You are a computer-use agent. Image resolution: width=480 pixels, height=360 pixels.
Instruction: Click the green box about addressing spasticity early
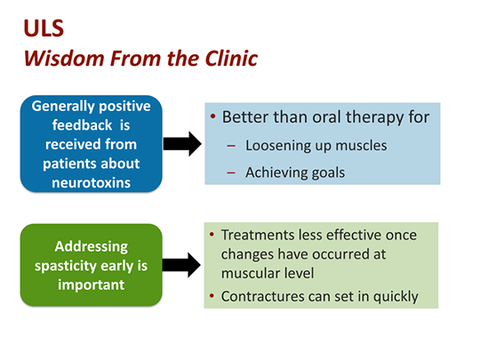[x=91, y=264]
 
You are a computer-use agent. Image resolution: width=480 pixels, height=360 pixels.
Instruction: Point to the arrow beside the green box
[x=183, y=264]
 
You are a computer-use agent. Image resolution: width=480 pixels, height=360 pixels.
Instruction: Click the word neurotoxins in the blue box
[x=91, y=184]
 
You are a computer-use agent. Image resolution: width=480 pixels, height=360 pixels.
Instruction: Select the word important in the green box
[x=91, y=284]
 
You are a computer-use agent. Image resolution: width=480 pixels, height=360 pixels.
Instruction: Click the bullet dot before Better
[x=213, y=117]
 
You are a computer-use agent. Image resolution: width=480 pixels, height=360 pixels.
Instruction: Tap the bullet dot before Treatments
[x=212, y=235]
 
